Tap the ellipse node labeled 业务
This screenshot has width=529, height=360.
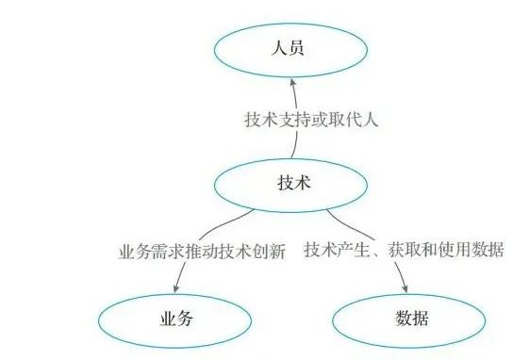pos(175,319)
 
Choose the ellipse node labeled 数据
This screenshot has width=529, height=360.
pos(407,319)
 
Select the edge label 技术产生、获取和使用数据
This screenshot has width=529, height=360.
pos(404,252)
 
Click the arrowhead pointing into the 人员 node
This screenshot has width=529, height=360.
pos(291,84)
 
